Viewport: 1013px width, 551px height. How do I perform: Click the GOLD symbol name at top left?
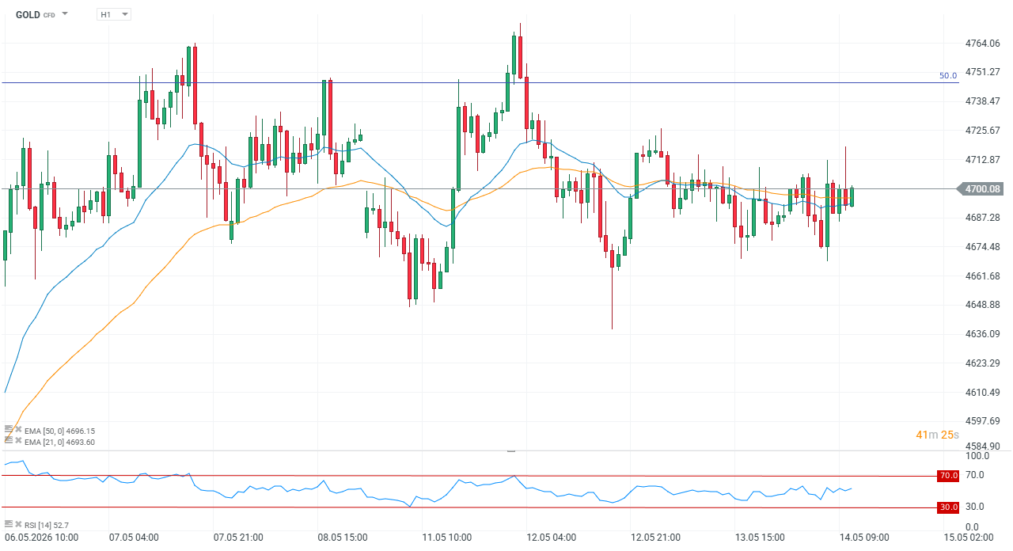pyautogui.click(x=28, y=15)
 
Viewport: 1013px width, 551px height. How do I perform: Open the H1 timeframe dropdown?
pyautogui.click(x=113, y=14)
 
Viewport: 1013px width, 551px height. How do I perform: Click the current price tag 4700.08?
pyautogui.click(x=982, y=189)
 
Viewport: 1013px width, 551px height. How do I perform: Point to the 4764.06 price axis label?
pyautogui.click(x=982, y=44)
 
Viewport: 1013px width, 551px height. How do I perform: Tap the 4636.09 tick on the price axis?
pyautogui.click(x=982, y=334)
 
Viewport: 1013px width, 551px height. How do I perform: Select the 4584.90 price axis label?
pyautogui.click(x=982, y=446)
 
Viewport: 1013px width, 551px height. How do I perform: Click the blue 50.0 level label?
pyautogui.click(x=948, y=75)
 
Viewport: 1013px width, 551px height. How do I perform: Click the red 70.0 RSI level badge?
pyautogui.click(x=948, y=476)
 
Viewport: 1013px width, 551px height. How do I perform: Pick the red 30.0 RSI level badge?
pyautogui.click(x=948, y=507)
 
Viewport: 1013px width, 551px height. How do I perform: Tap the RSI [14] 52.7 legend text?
pyautogui.click(x=47, y=525)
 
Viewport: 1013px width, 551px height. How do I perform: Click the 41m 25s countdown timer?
pyautogui.click(x=937, y=435)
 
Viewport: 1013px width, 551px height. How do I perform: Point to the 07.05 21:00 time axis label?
pyautogui.click(x=238, y=538)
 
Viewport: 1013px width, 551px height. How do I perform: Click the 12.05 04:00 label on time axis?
pyautogui.click(x=551, y=538)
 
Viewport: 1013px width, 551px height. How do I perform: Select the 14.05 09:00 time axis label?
pyautogui.click(x=864, y=538)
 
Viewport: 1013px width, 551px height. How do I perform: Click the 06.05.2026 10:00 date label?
pyautogui.click(x=42, y=538)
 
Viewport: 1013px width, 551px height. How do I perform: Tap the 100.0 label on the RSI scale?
pyautogui.click(x=977, y=456)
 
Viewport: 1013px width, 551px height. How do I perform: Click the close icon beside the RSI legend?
pyautogui.click(x=18, y=524)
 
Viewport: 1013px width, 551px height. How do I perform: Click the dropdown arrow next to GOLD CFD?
pyautogui.click(x=65, y=13)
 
